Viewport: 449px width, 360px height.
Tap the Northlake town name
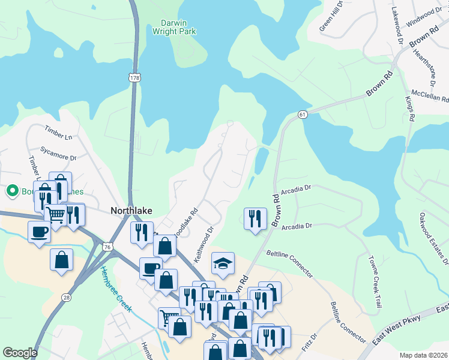tap(131, 211)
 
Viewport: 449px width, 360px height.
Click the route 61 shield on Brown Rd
tap(301, 115)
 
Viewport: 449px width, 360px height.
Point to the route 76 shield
tap(107, 247)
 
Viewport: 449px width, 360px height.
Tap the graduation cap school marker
tap(223, 263)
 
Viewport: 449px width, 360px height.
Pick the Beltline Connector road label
tap(289, 264)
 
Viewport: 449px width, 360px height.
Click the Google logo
tap(20, 353)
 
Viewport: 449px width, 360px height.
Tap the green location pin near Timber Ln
tap(11, 191)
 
